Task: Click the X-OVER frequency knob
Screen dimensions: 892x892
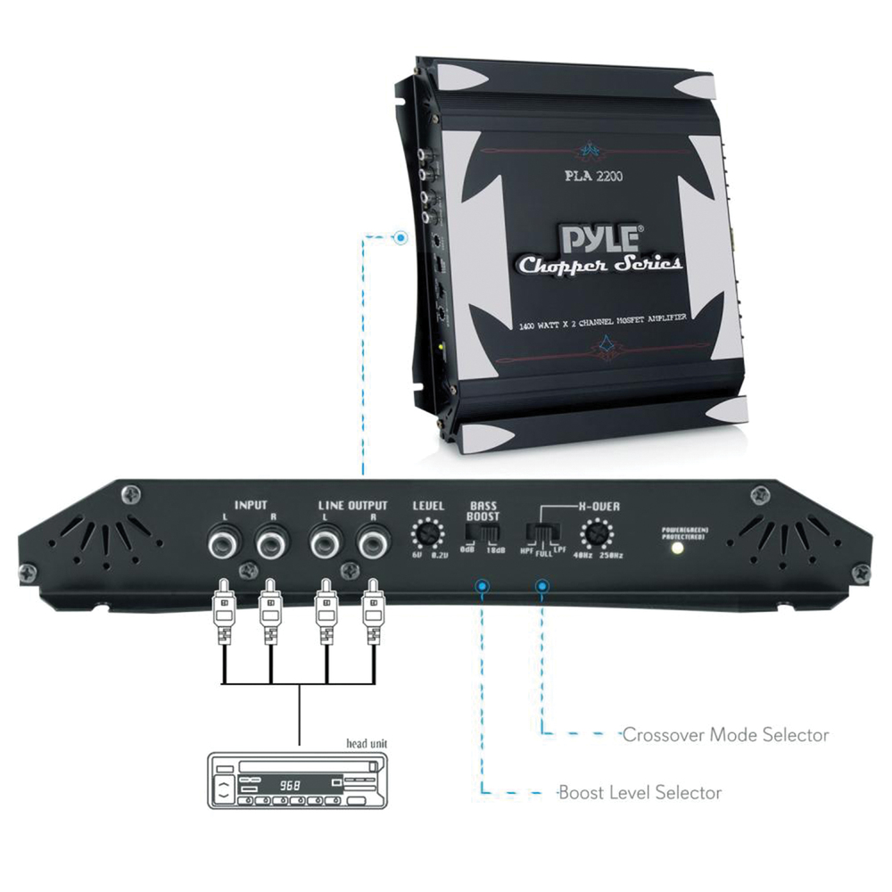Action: click(596, 535)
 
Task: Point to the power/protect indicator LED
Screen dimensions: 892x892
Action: click(679, 548)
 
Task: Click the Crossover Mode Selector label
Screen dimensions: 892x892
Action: click(725, 735)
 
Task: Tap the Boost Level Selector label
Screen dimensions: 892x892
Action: click(640, 792)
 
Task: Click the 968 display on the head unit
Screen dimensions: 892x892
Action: click(289, 786)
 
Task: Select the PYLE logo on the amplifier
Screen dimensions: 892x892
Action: click(599, 239)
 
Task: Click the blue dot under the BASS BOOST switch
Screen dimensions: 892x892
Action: click(483, 586)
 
